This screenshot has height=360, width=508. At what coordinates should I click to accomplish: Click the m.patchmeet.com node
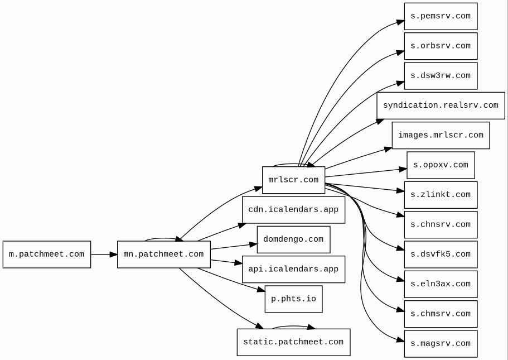point(47,255)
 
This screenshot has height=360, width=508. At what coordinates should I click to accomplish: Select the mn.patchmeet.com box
point(163,255)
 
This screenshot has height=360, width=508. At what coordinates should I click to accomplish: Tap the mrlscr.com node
point(293,180)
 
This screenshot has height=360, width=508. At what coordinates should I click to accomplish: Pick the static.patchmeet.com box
point(293,342)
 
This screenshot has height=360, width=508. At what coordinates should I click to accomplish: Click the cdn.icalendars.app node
point(293,210)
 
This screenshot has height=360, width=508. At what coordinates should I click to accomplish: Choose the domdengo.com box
point(293,239)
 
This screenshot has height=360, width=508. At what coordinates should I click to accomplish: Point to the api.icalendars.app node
point(293,269)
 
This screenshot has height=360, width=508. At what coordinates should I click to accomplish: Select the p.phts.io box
point(293,299)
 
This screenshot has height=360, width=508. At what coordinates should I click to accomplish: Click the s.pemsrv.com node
point(441,16)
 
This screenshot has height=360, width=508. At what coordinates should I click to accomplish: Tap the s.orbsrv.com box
point(441,46)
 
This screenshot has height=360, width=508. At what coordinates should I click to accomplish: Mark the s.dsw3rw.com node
point(441,76)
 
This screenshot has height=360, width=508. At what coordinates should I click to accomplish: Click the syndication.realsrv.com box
point(441,105)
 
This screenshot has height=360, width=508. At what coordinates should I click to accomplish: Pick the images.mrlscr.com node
point(441,136)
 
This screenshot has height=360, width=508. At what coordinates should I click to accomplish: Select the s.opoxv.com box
point(441,165)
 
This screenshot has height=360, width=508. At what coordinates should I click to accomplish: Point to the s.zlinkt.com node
point(441,195)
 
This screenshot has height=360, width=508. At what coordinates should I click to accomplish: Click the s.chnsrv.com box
point(441,225)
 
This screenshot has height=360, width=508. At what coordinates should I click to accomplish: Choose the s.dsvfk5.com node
point(441,255)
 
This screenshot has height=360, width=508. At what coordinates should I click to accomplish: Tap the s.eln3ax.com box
point(441,284)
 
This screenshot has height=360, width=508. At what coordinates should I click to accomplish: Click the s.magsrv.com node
point(441,344)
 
